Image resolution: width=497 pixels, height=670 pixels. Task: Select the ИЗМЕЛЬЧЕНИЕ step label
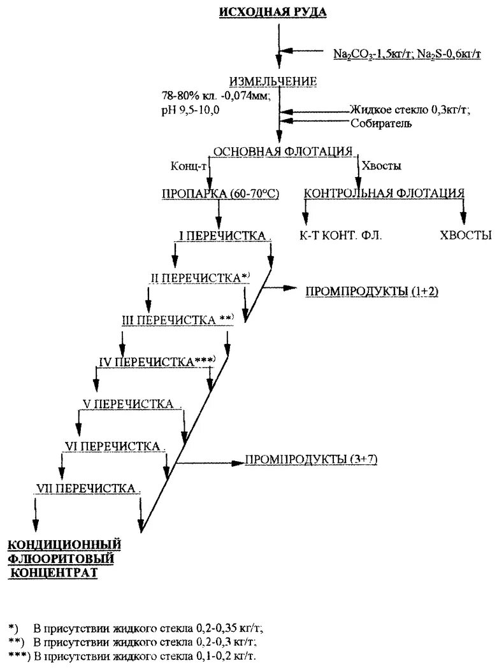coord(273,82)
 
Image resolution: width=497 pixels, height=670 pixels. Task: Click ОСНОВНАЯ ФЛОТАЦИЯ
coord(282,152)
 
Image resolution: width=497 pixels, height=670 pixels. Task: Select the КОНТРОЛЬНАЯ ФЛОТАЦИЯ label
coord(384,193)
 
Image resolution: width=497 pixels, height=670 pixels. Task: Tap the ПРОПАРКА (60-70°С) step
coord(220,194)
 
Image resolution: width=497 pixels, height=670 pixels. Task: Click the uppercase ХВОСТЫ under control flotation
coord(465,235)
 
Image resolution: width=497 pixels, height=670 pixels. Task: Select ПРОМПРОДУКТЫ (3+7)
coord(312,459)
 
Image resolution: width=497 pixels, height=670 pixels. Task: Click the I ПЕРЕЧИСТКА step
coord(222,236)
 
